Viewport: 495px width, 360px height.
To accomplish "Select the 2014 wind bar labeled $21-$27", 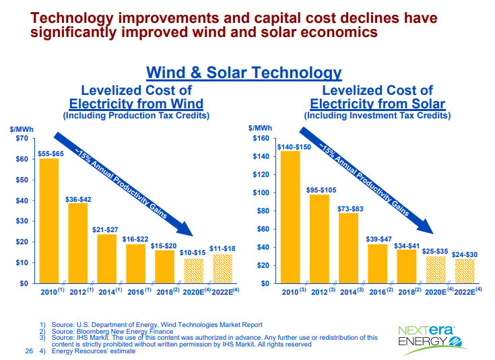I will [x=106, y=258].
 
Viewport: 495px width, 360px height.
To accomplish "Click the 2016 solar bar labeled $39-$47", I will [x=377, y=264].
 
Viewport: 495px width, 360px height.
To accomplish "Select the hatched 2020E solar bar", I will [x=435, y=270].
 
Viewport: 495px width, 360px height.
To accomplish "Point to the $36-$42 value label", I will [x=77, y=199].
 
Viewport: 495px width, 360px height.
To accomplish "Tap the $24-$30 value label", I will [x=464, y=254].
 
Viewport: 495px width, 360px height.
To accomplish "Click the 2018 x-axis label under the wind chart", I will [x=165, y=291].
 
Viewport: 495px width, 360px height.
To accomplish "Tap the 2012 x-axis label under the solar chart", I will [x=322, y=291].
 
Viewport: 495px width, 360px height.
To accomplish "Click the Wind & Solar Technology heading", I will [x=244, y=73].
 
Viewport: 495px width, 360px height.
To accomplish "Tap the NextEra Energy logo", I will [x=427, y=334].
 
